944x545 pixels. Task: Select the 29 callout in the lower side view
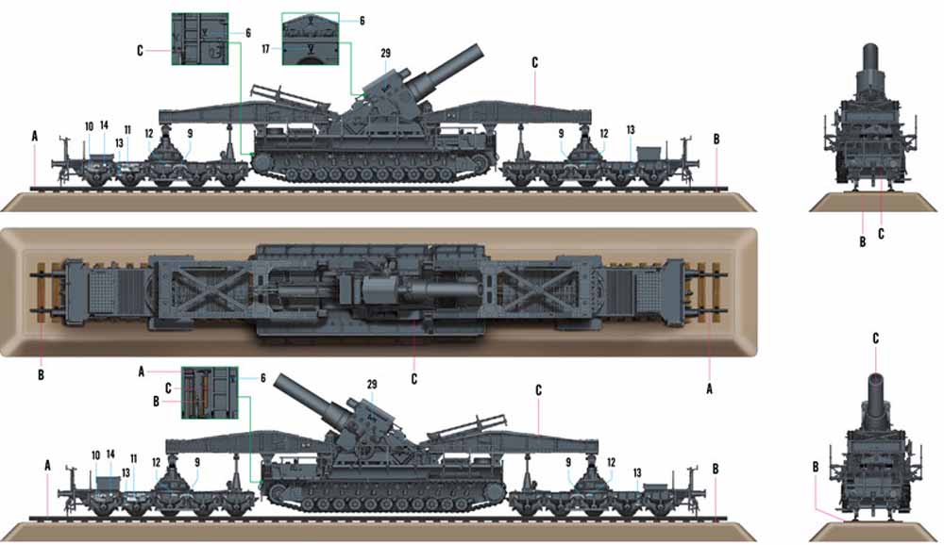click(x=372, y=385)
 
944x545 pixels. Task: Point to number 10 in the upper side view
click(x=89, y=126)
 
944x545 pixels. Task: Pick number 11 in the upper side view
click(x=127, y=129)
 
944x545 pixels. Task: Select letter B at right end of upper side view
click(x=716, y=139)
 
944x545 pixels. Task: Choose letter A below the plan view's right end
click(x=710, y=387)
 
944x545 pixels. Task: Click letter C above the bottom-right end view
click(x=875, y=338)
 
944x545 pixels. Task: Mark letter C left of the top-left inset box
click(x=141, y=51)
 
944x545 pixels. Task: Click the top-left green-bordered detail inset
click(x=199, y=39)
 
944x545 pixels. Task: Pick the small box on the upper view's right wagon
click(x=649, y=152)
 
